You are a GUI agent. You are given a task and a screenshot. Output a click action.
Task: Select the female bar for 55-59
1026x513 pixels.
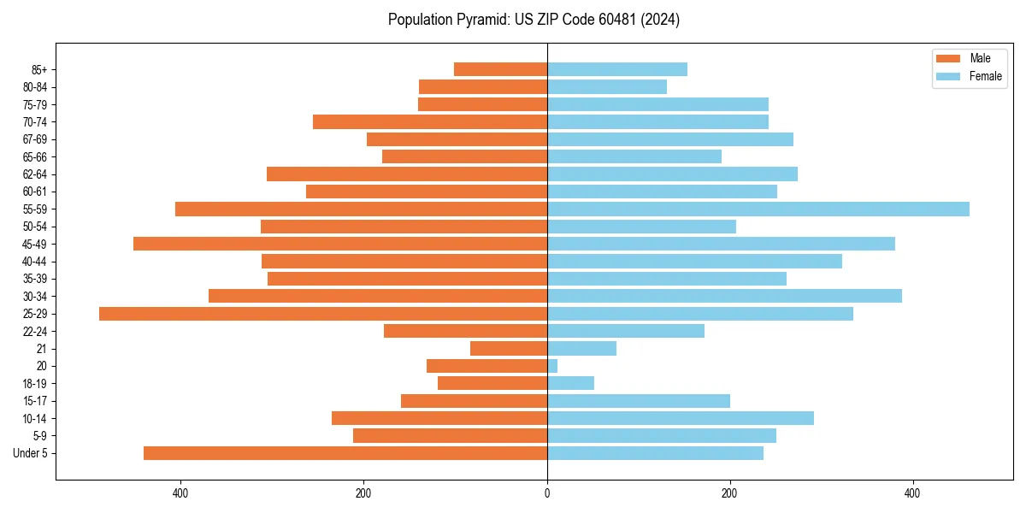pyautogui.click(x=758, y=209)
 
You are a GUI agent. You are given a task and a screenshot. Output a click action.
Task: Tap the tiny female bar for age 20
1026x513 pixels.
pyautogui.click(x=552, y=366)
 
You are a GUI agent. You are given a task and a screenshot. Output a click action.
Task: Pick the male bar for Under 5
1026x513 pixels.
pyautogui.click(x=345, y=453)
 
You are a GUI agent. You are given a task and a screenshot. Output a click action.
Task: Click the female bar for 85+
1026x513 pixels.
pyautogui.click(x=616, y=69)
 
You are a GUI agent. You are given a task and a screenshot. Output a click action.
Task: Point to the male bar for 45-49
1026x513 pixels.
pyautogui.click(x=340, y=244)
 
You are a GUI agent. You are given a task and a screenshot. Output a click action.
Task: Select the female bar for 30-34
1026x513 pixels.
pyautogui.click(x=724, y=296)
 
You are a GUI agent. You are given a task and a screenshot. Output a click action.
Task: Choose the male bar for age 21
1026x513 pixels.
pyautogui.click(x=509, y=349)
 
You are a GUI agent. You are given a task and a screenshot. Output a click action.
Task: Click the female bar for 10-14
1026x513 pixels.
pyautogui.click(x=680, y=418)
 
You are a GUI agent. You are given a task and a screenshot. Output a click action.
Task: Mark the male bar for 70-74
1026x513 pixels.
pyautogui.click(x=430, y=122)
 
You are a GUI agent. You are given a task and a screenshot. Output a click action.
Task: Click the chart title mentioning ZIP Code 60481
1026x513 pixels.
pyautogui.click(x=534, y=20)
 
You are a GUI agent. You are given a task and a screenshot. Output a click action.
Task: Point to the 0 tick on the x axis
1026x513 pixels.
pyautogui.click(x=547, y=493)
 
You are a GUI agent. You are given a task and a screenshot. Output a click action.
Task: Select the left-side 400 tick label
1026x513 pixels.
pyautogui.click(x=180, y=493)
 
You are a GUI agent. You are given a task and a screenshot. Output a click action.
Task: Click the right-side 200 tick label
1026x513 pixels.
pyautogui.click(x=729, y=493)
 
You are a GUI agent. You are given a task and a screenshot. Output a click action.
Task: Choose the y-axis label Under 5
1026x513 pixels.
pyautogui.click(x=31, y=453)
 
